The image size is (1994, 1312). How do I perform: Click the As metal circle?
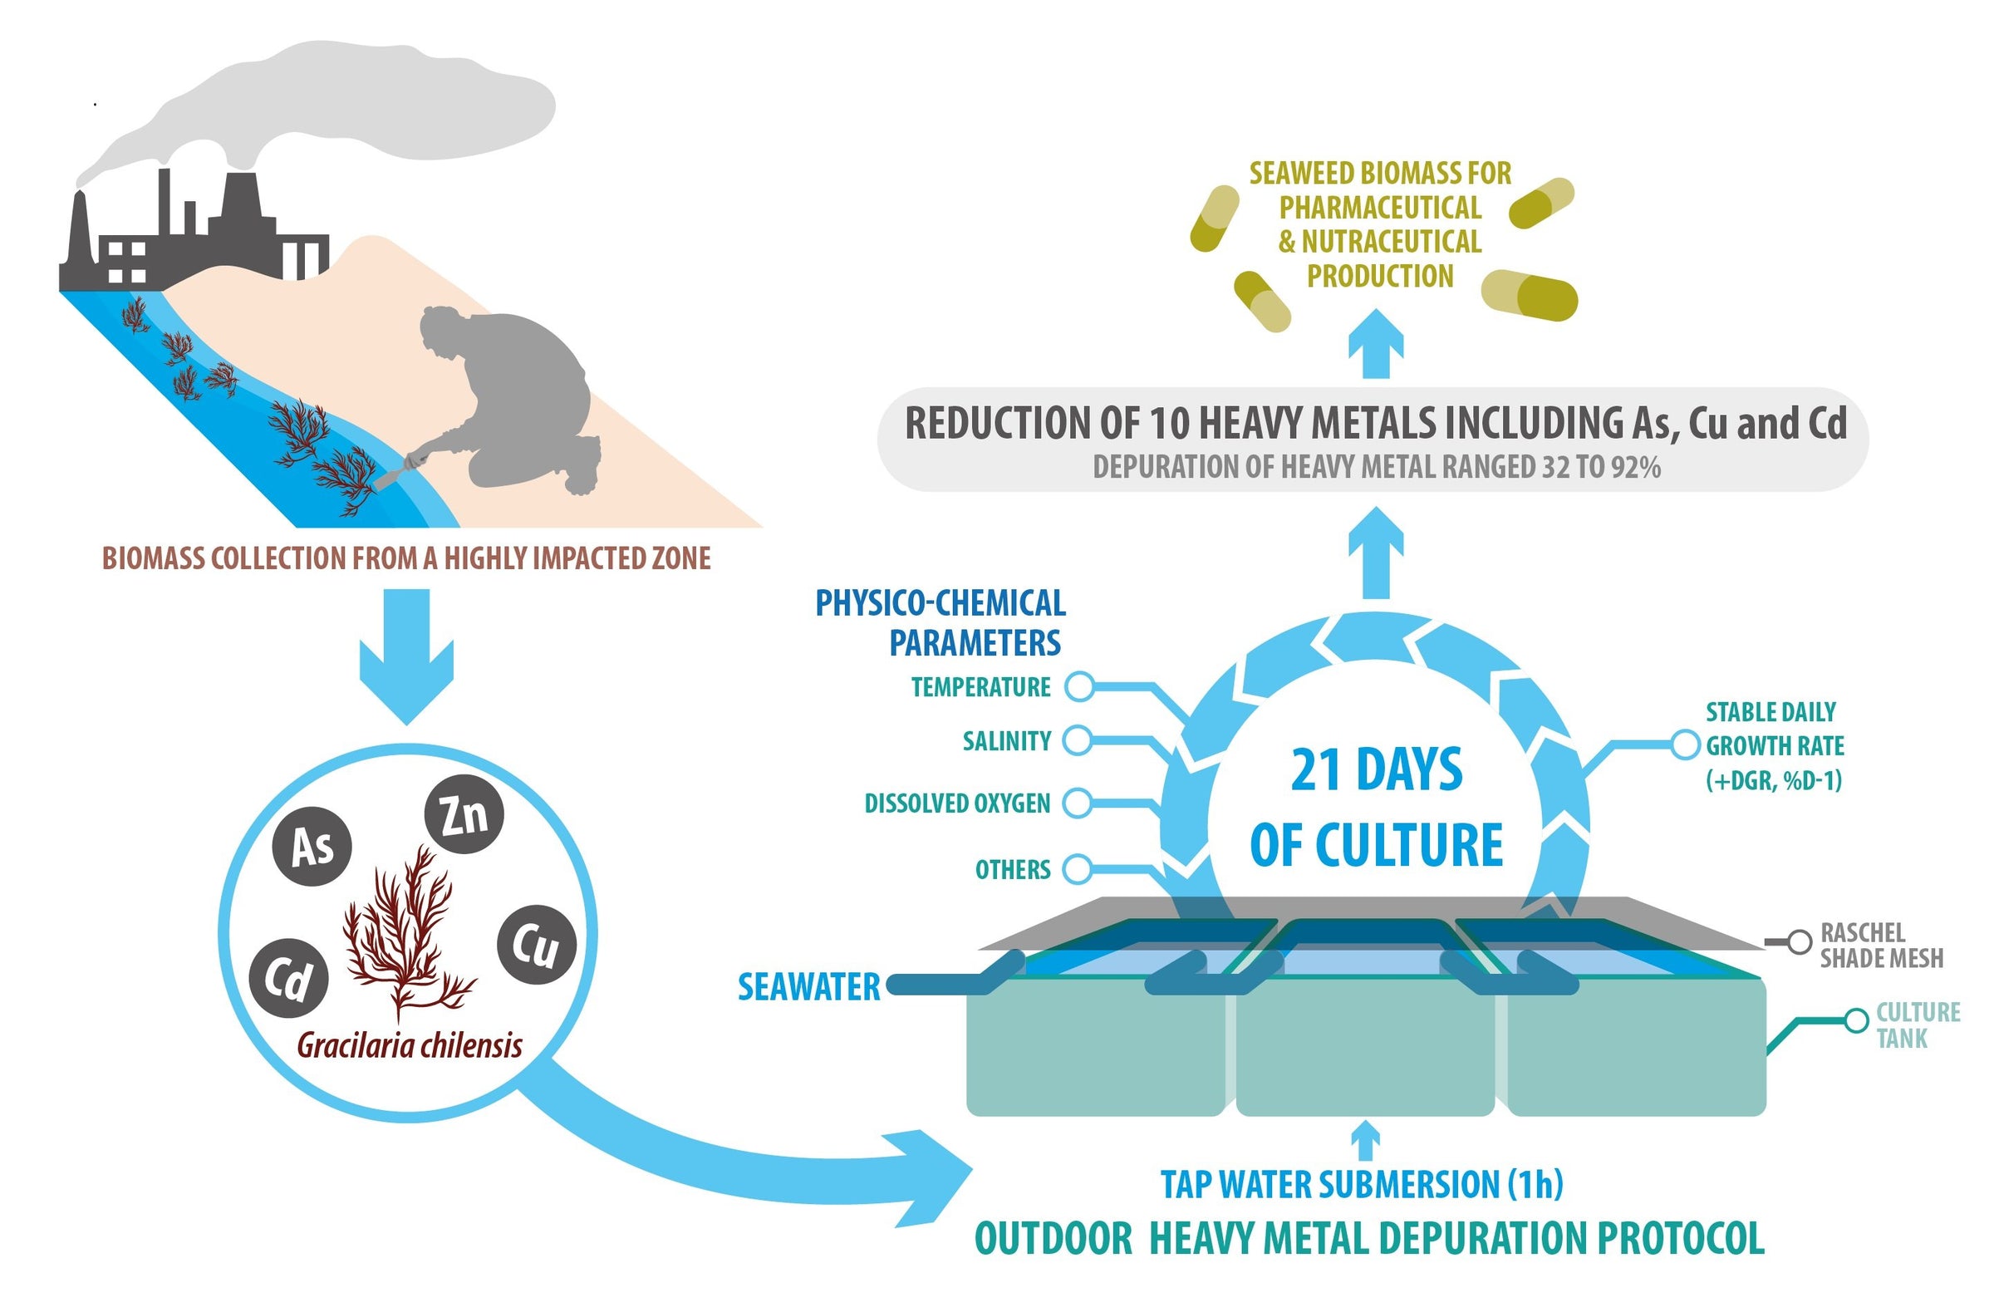click(x=312, y=847)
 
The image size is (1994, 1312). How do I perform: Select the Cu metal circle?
click(x=536, y=944)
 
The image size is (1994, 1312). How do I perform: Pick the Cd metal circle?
click(x=288, y=978)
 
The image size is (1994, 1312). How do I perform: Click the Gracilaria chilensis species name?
click(x=410, y=1046)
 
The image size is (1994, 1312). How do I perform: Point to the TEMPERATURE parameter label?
click(x=980, y=688)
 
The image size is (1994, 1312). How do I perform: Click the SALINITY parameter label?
click(x=1006, y=741)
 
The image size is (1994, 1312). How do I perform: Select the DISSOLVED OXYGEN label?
click(x=957, y=803)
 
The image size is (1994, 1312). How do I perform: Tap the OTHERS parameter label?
click(x=1012, y=870)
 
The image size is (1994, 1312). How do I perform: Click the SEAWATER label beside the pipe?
click(x=808, y=988)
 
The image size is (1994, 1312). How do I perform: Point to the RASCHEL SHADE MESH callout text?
click(x=1880, y=946)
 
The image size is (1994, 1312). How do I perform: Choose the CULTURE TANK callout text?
click(x=1917, y=1025)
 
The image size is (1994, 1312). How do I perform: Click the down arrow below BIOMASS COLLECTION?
click(x=406, y=653)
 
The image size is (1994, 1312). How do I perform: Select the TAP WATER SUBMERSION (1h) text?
click(x=1362, y=1185)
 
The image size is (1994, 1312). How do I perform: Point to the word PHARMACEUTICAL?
click(x=1380, y=208)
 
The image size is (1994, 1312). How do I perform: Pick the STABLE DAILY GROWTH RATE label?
click(x=1775, y=745)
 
